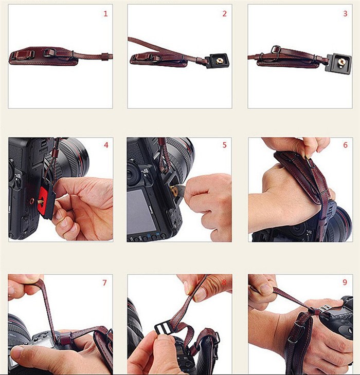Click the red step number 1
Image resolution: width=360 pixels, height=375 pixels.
tap(105, 14)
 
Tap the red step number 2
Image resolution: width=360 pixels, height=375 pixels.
tap(224, 14)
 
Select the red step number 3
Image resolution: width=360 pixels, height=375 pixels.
tap(345, 14)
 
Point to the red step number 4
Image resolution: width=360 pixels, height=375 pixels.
tap(106, 145)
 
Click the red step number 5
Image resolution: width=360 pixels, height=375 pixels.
tap(224, 145)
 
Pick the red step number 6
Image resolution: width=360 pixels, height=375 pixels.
tap(345, 145)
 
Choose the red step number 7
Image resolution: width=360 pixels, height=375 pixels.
tap(104, 283)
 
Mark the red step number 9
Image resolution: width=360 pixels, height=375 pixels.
tap(345, 282)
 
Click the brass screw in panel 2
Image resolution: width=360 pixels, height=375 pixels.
tap(219, 61)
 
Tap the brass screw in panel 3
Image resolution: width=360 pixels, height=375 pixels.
tap(340, 63)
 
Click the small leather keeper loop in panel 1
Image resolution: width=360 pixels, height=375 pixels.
tap(104, 57)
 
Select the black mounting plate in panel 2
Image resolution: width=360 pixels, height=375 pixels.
tap(218, 61)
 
